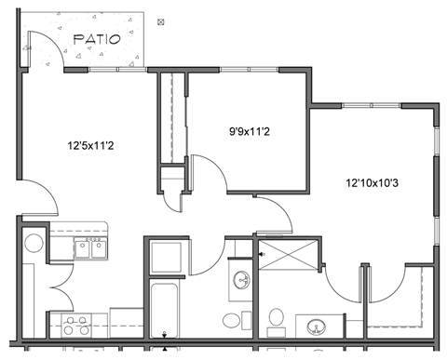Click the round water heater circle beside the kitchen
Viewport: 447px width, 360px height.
34,244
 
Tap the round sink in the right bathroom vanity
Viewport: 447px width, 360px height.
315,327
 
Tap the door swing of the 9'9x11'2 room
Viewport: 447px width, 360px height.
208,172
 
